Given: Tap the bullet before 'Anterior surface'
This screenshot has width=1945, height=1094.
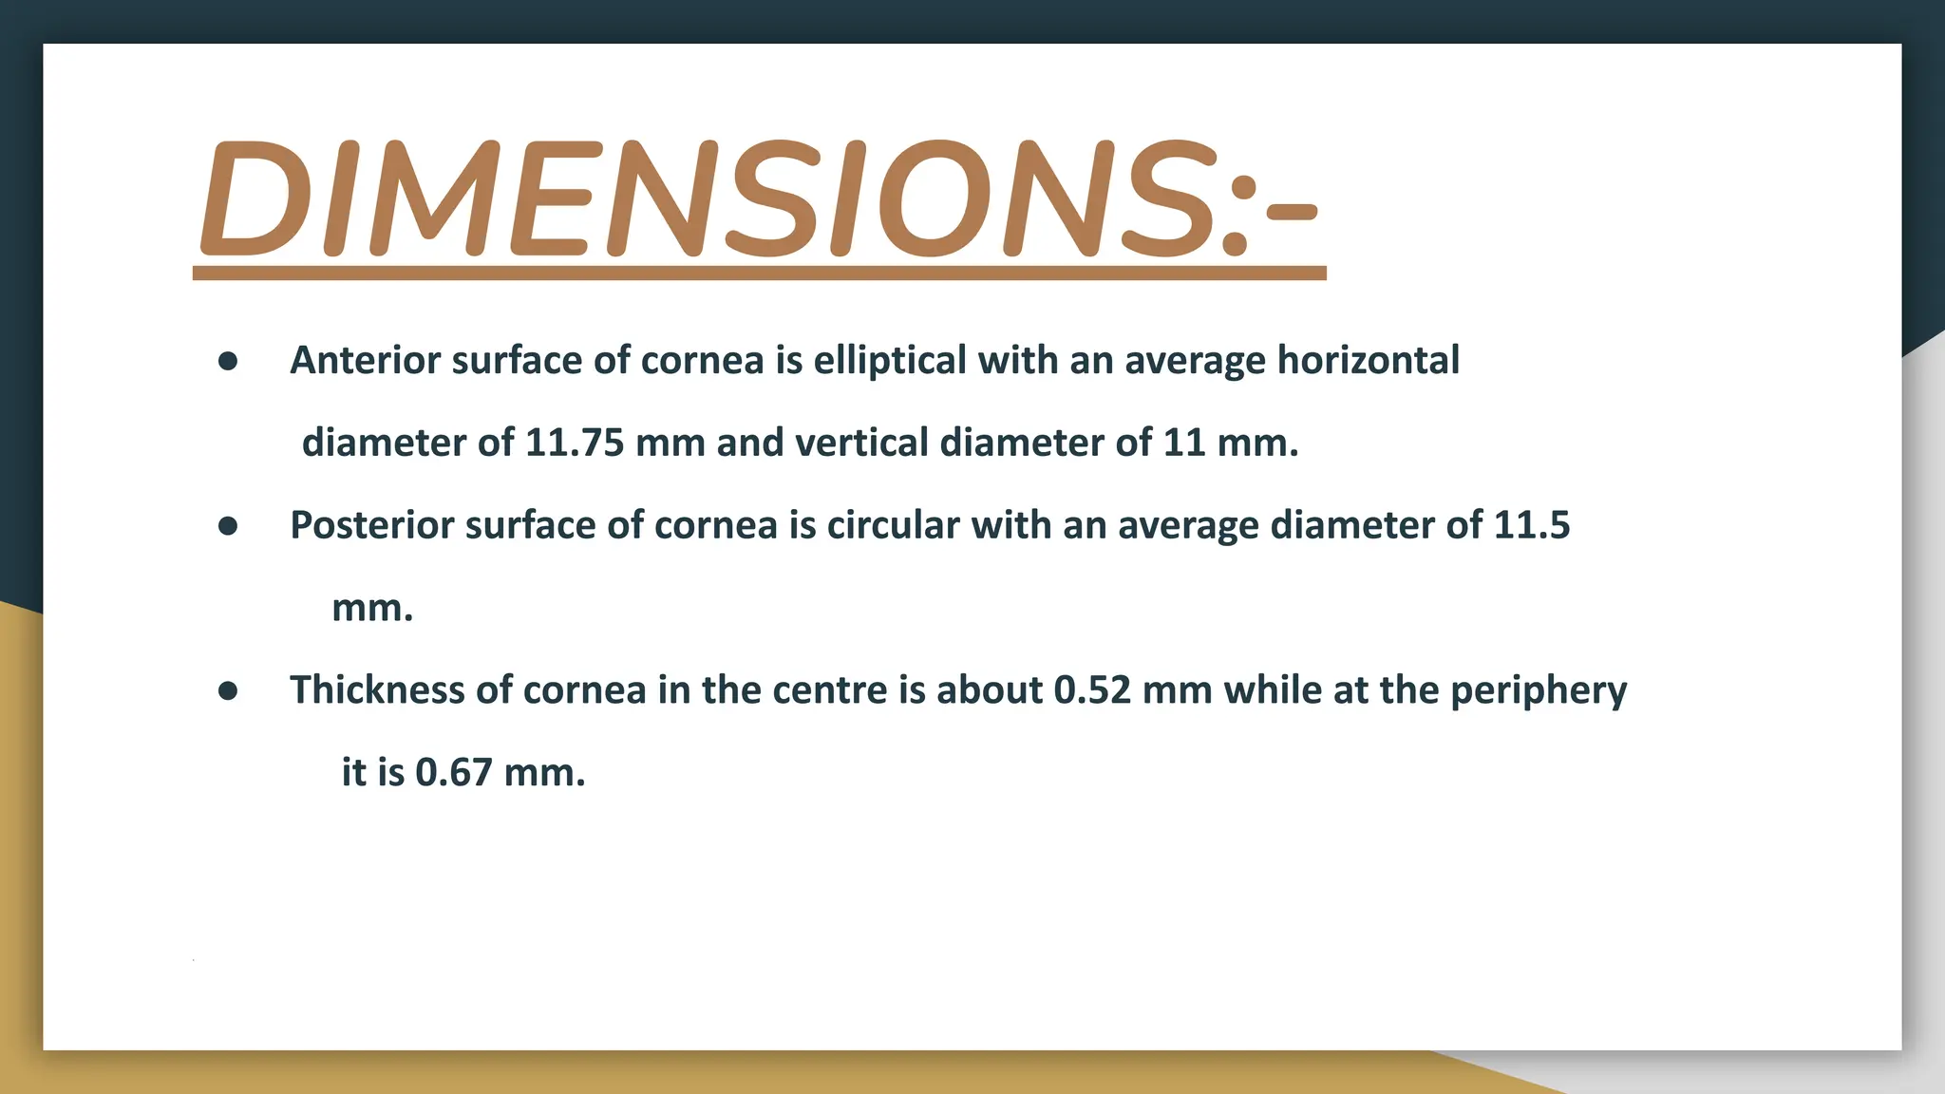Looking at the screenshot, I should point(228,361).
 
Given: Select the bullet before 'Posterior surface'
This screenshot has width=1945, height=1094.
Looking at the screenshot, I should point(228,526).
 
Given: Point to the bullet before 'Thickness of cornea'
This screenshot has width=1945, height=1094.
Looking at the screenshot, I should point(228,690).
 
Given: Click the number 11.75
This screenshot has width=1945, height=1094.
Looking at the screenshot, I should point(575,443).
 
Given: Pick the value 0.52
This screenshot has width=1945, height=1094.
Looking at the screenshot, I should point(1092,690).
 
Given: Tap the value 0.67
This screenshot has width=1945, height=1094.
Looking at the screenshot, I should point(454,772).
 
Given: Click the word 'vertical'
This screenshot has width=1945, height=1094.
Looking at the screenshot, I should point(861,443).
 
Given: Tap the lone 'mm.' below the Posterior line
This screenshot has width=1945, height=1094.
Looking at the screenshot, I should point(372,609).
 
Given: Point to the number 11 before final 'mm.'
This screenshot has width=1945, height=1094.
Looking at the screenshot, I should point(1184,443).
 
